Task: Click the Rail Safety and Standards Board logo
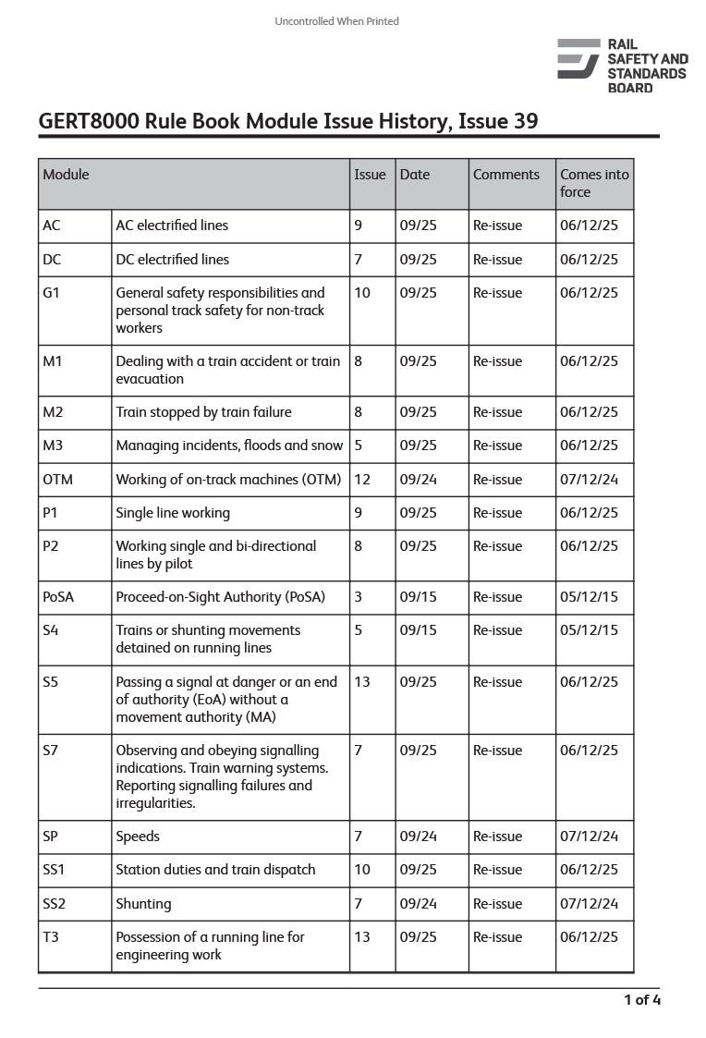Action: coord(622,66)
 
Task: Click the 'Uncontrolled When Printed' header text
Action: coord(336,21)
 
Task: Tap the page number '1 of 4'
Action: coord(642,999)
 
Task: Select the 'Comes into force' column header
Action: coord(594,183)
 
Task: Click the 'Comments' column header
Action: coord(505,175)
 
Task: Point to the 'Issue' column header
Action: coord(370,175)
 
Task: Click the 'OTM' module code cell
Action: coord(57,480)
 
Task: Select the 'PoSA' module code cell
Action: coord(58,597)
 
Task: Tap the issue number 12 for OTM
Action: coord(362,480)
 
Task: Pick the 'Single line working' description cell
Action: coord(173,513)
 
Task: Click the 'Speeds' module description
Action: coord(138,837)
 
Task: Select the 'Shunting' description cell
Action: coord(143,904)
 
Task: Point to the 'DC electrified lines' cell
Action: coord(172,260)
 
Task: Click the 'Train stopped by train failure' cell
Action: coord(203,412)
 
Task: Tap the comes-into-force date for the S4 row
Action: coord(589,630)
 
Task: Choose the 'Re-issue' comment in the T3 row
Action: coord(497,937)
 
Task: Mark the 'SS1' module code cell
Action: coord(55,870)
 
